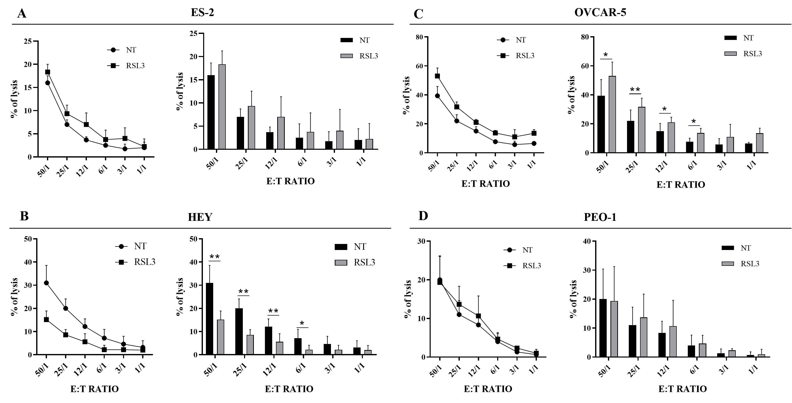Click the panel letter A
[22, 14]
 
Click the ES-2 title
[202, 12]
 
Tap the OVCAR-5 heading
[600, 12]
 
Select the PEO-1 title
[600, 217]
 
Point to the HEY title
[200, 217]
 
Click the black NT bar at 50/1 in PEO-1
[603, 328]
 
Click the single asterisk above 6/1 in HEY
[302, 323]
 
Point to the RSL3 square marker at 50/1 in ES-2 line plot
[48, 72]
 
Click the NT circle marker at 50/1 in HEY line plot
[46, 283]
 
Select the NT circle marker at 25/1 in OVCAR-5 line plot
[457, 121]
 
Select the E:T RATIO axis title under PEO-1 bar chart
[682, 389]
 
